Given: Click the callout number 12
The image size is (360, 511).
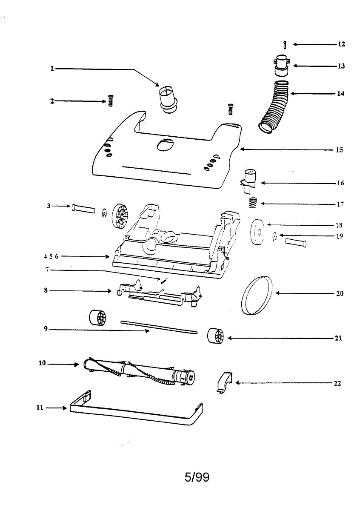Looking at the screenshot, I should (341, 44).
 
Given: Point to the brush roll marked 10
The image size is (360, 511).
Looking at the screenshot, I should (140, 370).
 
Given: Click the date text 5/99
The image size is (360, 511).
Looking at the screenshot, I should (197, 477).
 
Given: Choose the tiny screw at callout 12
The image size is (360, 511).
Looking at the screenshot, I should (285, 45).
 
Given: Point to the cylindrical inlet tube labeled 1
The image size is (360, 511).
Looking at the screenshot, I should (168, 99).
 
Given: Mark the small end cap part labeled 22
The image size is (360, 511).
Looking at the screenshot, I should (222, 381).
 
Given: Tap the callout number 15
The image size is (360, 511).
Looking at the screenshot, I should (339, 150).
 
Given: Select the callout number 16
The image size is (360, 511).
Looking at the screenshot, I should (340, 184).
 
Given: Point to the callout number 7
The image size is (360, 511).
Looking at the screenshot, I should (48, 270).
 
